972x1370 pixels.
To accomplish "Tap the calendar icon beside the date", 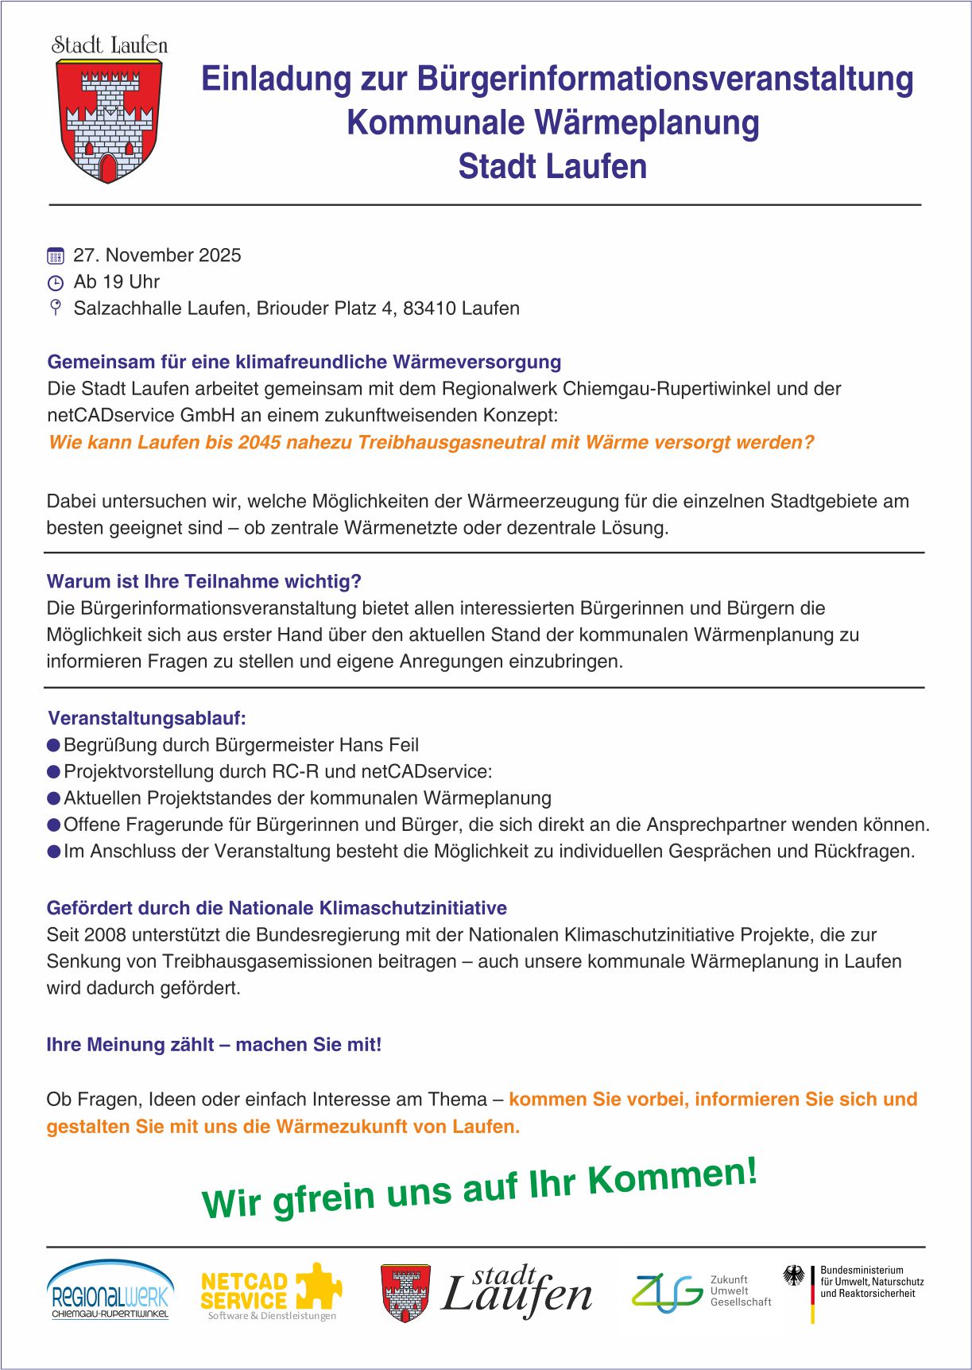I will [x=55, y=256].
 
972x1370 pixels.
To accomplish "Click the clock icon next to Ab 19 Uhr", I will [x=55, y=283].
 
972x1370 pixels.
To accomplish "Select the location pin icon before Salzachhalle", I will [x=55, y=308].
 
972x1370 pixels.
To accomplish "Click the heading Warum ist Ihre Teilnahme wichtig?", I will [x=203, y=581].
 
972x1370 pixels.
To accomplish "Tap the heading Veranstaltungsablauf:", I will [x=147, y=718].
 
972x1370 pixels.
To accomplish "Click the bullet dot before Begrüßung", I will [x=53, y=745].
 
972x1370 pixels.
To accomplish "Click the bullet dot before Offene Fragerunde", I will [x=53, y=825].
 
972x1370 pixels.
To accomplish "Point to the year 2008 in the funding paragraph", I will [x=106, y=934].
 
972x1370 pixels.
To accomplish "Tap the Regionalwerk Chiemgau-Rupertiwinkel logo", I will [x=110, y=1290].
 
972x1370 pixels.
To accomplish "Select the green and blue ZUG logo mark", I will [x=666, y=1293].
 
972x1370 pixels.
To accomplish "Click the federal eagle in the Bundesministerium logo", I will [x=793, y=1276].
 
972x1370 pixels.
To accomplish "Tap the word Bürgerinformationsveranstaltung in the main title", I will [x=664, y=79].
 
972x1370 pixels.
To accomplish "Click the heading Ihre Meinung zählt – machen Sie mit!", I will [x=214, y=1045].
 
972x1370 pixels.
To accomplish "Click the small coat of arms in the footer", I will [x=405, y=1293].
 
